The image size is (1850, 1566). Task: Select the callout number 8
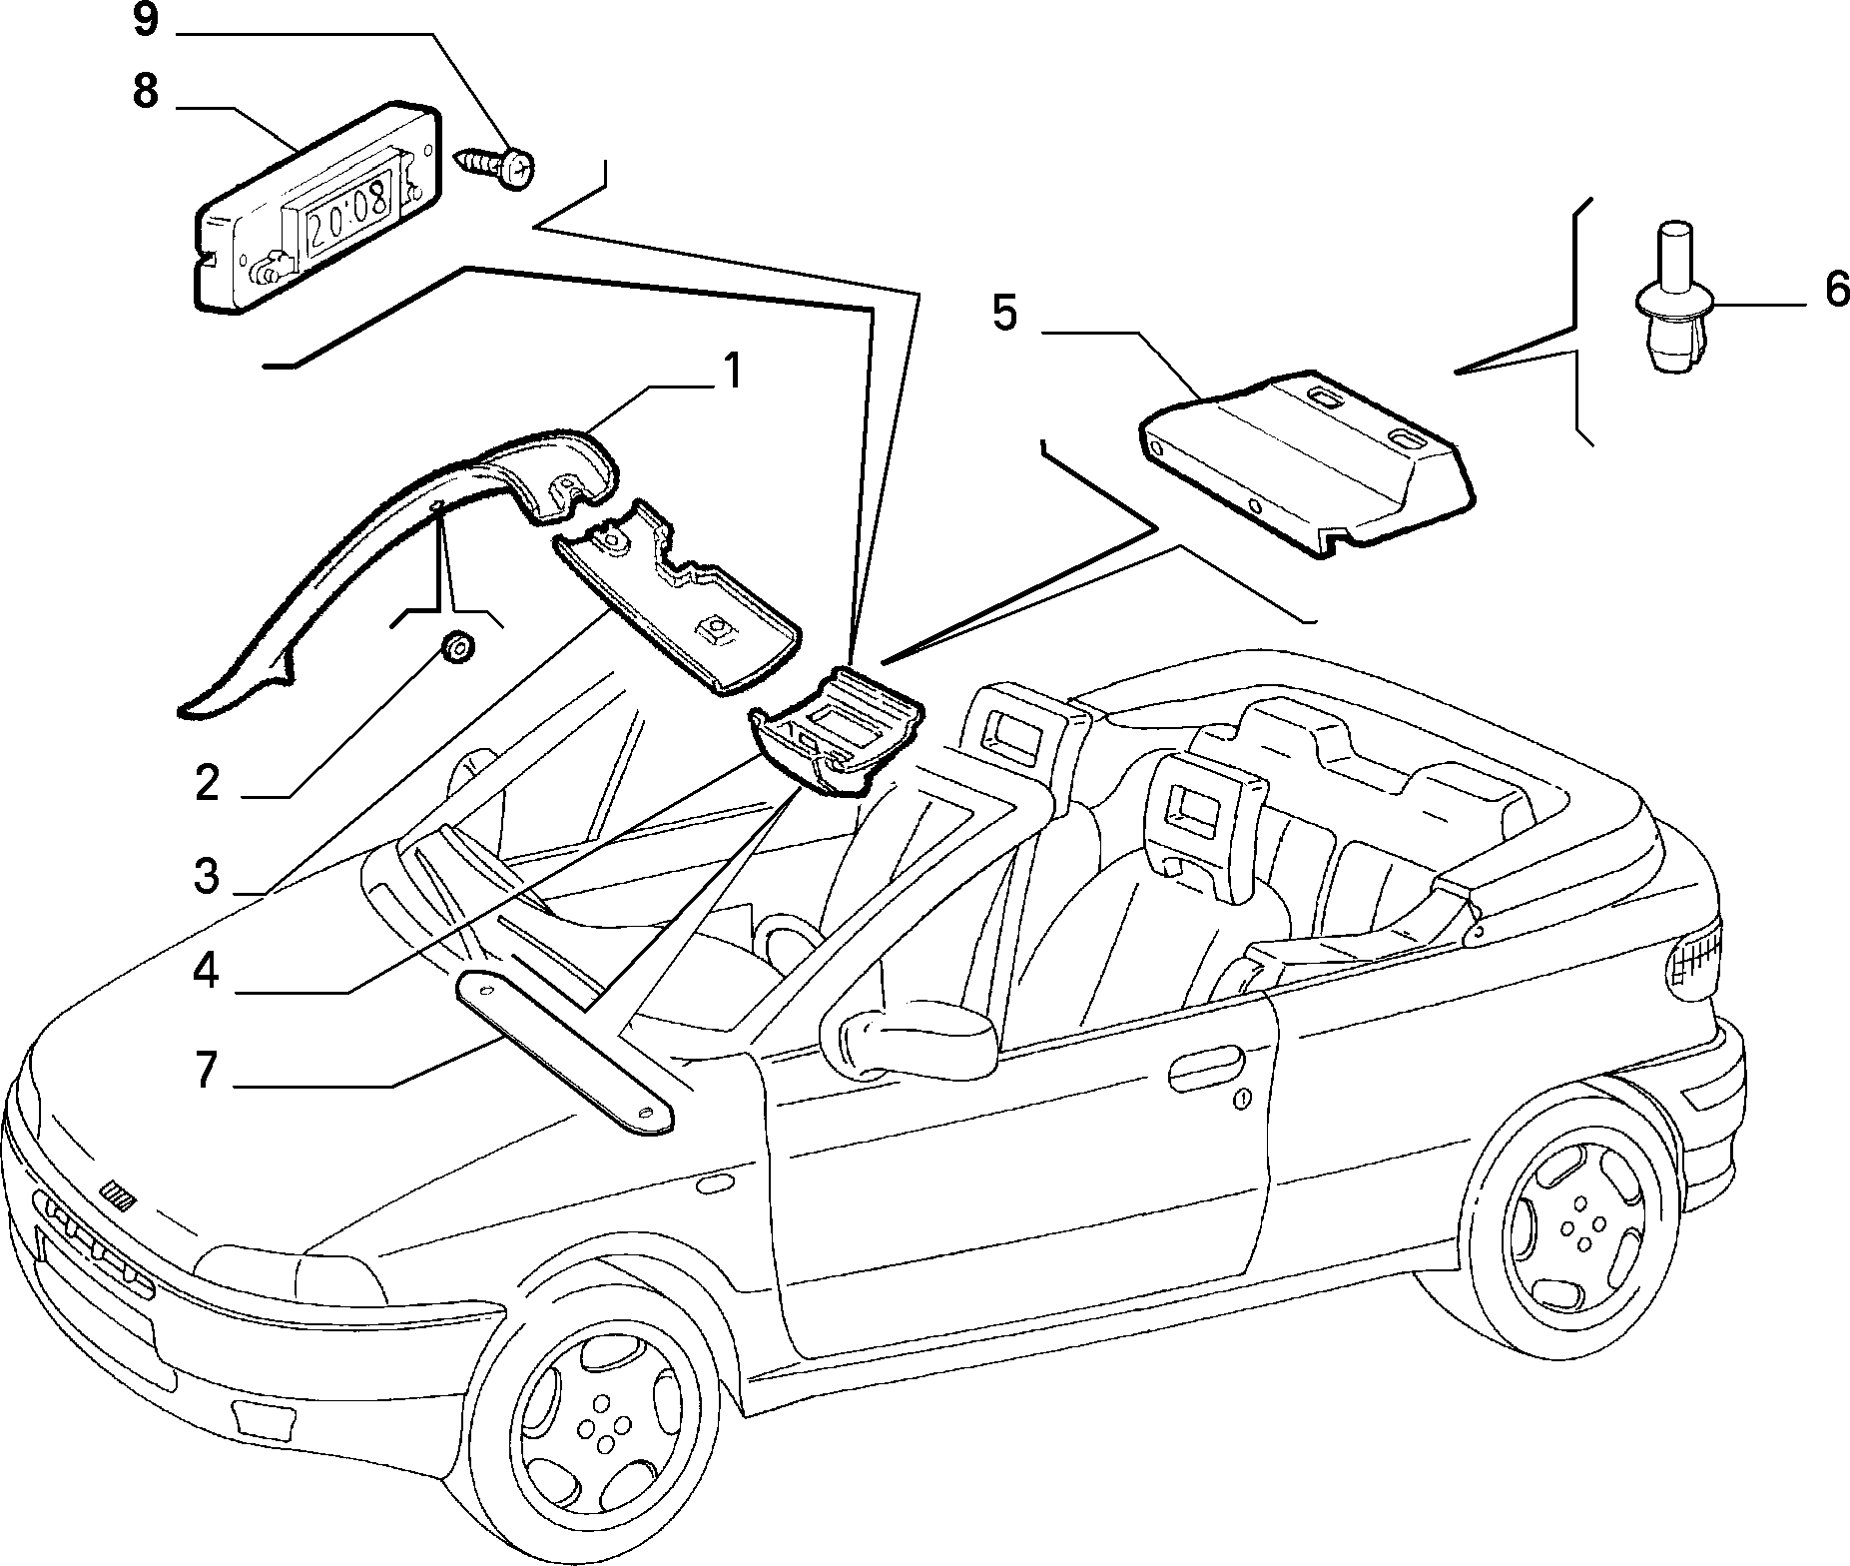[146, 92]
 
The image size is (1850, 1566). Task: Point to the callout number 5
[1004, 314]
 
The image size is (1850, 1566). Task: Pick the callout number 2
[207, 784]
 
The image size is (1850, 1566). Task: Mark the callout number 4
[207, 971]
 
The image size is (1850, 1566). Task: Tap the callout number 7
[207, 1070]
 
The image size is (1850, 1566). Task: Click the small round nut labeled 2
[458, 647]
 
